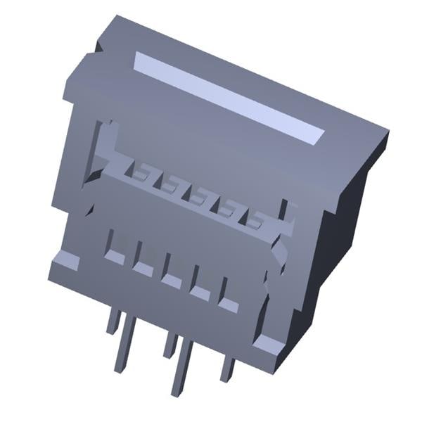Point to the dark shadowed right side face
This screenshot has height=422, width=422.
pyautogui.click(x=345, y=218)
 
